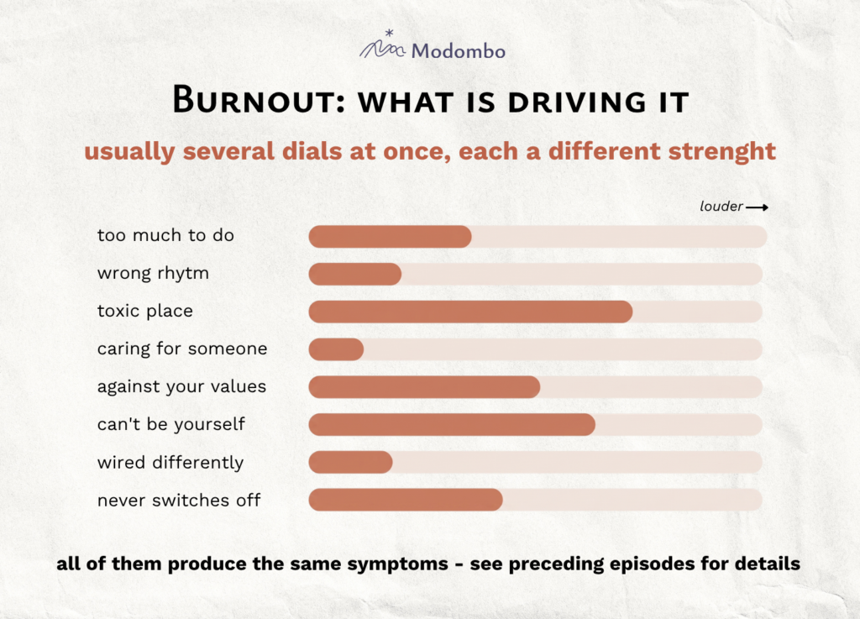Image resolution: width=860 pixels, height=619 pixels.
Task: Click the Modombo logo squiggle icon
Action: point(383,45)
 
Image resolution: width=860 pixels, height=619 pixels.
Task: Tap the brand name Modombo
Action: point(459,51)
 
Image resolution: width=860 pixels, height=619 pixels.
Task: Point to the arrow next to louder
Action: point(757,207)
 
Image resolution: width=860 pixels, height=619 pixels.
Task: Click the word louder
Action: point(721,206)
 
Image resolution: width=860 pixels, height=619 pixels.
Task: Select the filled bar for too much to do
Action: point(390,236)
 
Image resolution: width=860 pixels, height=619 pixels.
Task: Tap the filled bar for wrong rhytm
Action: point(355,274)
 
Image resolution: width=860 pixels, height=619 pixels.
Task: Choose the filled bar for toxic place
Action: point(470,312)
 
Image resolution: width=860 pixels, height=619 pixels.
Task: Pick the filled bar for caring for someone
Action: point(336,349)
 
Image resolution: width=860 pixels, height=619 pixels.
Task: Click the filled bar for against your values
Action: point(424,387)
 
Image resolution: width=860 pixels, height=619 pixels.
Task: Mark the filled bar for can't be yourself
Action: point(452,425)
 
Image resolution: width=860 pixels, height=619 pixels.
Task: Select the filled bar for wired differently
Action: point(350,462)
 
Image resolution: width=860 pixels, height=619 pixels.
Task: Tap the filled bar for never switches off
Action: point(406,500)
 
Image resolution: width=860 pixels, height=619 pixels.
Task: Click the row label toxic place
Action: point(145,312)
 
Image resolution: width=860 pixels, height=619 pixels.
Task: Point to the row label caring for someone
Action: point(182,349)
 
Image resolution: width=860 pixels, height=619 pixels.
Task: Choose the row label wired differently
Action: point(170,463)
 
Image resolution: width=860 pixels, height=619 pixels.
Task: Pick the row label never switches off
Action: point(179,500)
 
